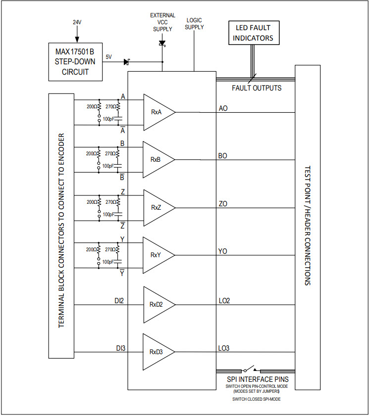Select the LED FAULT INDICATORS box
click(x=254, y=33)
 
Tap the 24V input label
click(x=77, y=22)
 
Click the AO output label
click(x=223, y=108)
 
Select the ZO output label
click(x=223, y=203)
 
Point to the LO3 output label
click(x=224, y=348)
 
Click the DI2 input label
click(x=119, y=300)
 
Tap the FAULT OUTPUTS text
click(x=257, y=88)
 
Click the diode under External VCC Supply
click(x=162, y=43)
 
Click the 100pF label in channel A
click(x=108, y=119)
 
